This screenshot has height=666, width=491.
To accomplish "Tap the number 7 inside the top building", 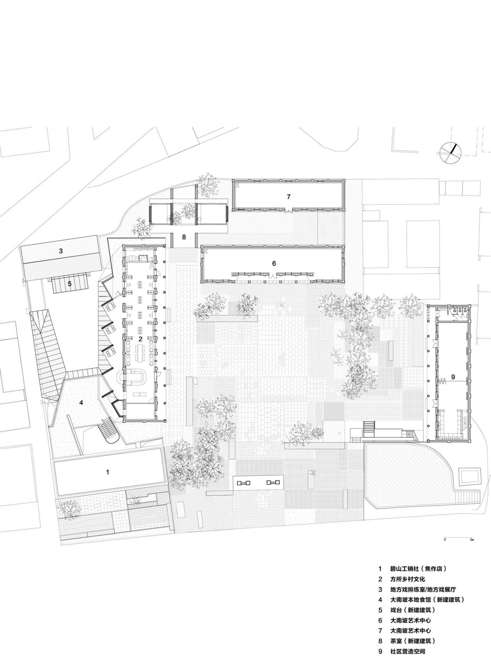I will pos(288,197).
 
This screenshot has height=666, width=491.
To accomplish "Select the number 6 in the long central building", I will pos(274,263).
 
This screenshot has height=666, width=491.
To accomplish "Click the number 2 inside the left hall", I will pos(140,339).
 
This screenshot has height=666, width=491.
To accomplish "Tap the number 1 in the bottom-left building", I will pos(107,472).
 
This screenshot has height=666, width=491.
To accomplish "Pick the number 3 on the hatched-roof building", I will pos(61,252).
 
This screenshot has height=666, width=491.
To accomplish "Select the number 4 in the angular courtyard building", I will pos(81,403).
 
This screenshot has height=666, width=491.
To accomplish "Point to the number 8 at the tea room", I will pos(184,237).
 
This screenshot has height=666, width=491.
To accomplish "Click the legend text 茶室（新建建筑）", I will pos(412,641).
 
